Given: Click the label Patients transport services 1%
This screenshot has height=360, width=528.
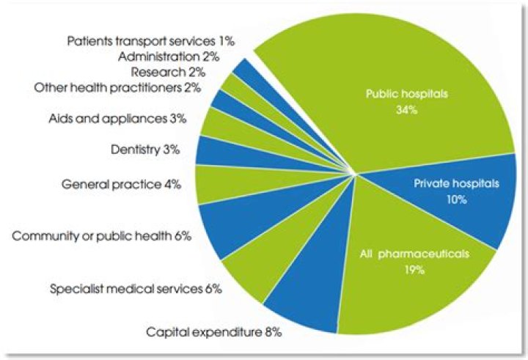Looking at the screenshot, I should [150, 41].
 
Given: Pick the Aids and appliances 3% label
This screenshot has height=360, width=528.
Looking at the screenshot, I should [128, 117].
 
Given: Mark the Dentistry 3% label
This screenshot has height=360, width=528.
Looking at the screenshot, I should [144, 150].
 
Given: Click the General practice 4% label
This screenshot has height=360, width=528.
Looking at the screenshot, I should [121, 184].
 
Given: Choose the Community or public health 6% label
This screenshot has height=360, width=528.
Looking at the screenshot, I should [102, 236].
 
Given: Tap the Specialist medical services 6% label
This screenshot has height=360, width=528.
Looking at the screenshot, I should [136, 288].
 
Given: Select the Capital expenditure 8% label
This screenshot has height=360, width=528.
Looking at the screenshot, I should [213, 332].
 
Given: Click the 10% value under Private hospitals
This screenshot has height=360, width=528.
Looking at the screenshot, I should [455, 199].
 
